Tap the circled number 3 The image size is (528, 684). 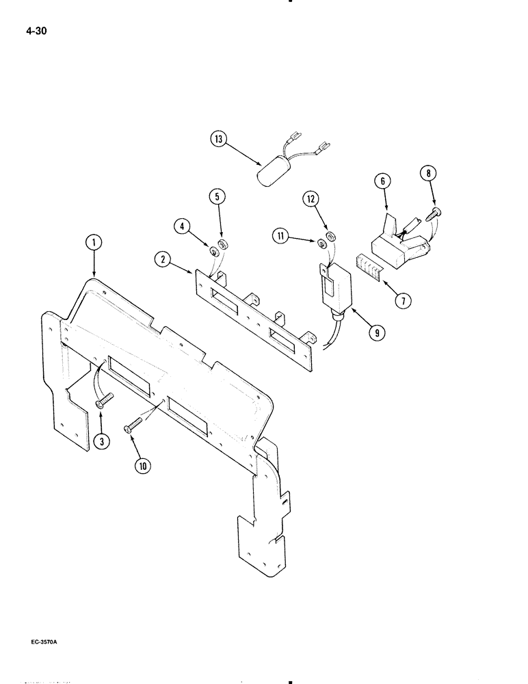tap(101, 442)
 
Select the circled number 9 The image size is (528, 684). tap(375, 333)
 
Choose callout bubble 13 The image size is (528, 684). tap(219, 140)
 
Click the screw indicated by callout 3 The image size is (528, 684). tap(105, 400)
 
